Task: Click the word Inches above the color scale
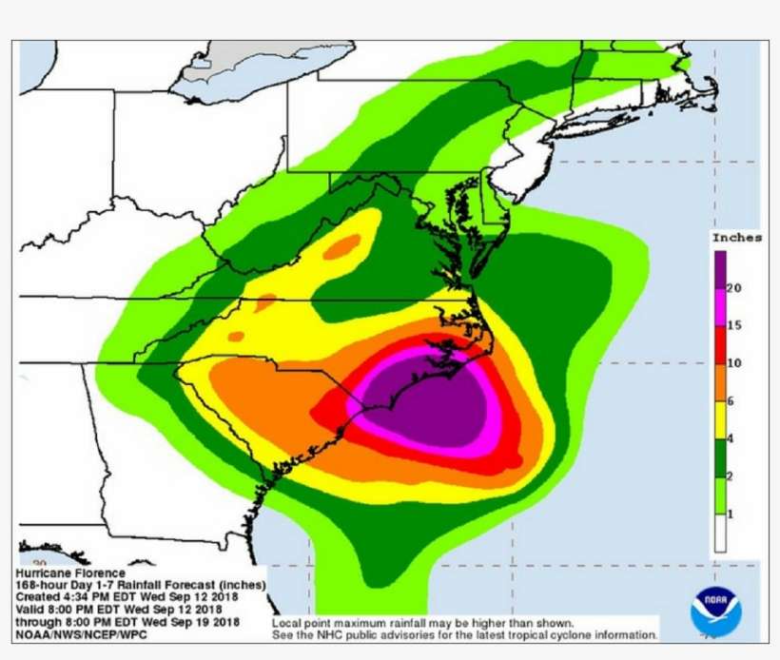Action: [736, 238]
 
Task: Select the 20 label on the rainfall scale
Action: [734, 288]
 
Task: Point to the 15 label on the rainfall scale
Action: [734, 325]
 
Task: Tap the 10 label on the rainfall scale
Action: [734, 363]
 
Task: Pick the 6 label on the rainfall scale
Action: [731, 401]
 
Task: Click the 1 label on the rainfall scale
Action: [731, 514]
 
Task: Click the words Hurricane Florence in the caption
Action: [70, 573]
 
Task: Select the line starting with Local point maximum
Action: [422, 622]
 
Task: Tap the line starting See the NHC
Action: [464, 634]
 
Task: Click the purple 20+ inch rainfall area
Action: [428, 399]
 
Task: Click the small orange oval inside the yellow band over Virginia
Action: [341, 246]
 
